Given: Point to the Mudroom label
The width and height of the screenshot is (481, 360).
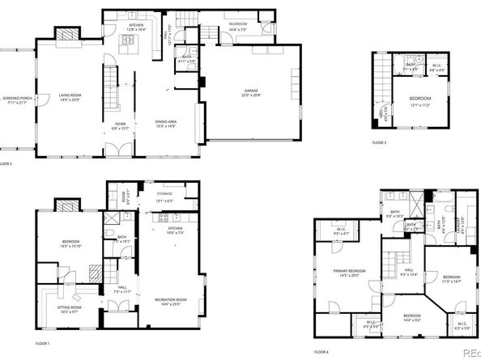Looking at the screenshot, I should click(237, 26).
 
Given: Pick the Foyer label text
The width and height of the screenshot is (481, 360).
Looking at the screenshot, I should click(119, 125).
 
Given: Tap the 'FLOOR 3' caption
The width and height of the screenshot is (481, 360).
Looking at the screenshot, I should click(379, 142).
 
